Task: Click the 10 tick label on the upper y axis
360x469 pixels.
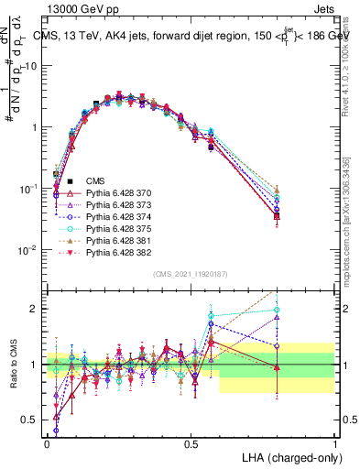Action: pyautogui.click(x=33, y=66)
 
